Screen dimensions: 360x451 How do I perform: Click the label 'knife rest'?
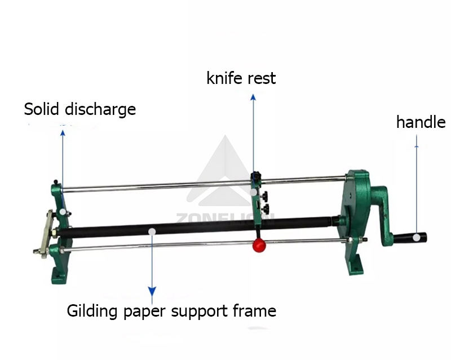click(x=241, y=78)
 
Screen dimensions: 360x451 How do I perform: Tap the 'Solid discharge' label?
click(x=79, y=109)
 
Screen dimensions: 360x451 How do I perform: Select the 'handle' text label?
click(x=421, y=122)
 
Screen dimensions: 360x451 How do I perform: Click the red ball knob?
click(x=260, y=245)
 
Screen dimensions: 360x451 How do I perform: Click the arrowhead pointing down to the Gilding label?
click(x=152, y=291)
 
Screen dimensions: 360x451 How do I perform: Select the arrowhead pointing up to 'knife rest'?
click(x=253, y=97)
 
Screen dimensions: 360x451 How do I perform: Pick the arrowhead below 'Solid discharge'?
click(x=63, y=133)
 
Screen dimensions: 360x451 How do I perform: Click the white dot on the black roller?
click(x=152, y=231)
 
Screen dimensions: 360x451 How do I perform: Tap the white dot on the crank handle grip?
click(x=415, y=237)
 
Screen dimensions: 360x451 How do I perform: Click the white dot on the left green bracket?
click(x=63, y=211)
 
